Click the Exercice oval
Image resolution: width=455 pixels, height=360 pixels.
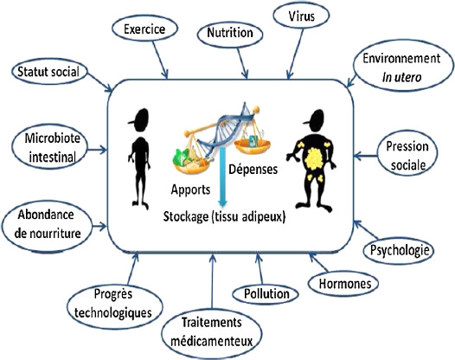[144, 29]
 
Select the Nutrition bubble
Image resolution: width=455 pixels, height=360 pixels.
[230, 33]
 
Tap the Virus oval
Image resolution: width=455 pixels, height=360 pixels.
[301, 16]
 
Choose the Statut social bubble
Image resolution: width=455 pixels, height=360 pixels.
[49, 72]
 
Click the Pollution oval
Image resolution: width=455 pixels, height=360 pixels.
[266, 294]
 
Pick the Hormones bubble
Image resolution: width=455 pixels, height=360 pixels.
[343, 284]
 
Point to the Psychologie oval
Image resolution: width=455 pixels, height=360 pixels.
[399, 250]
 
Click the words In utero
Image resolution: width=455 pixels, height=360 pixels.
[401, 78]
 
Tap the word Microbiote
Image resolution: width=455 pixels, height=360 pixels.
[52, 138]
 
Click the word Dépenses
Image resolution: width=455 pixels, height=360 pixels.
[253, 170]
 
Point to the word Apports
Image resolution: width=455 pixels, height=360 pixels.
[190, 190]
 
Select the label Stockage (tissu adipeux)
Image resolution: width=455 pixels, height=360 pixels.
[224, 217]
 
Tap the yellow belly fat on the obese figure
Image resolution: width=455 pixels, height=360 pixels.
[313, 159]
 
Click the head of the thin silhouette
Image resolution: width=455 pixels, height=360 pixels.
[140, 120]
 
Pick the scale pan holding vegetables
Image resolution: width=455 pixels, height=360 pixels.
[191, 162]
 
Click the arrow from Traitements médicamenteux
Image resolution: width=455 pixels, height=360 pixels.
[213, 280]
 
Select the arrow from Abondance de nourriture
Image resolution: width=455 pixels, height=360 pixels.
[98, 227]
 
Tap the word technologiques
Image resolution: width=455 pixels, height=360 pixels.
[113, 313]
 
